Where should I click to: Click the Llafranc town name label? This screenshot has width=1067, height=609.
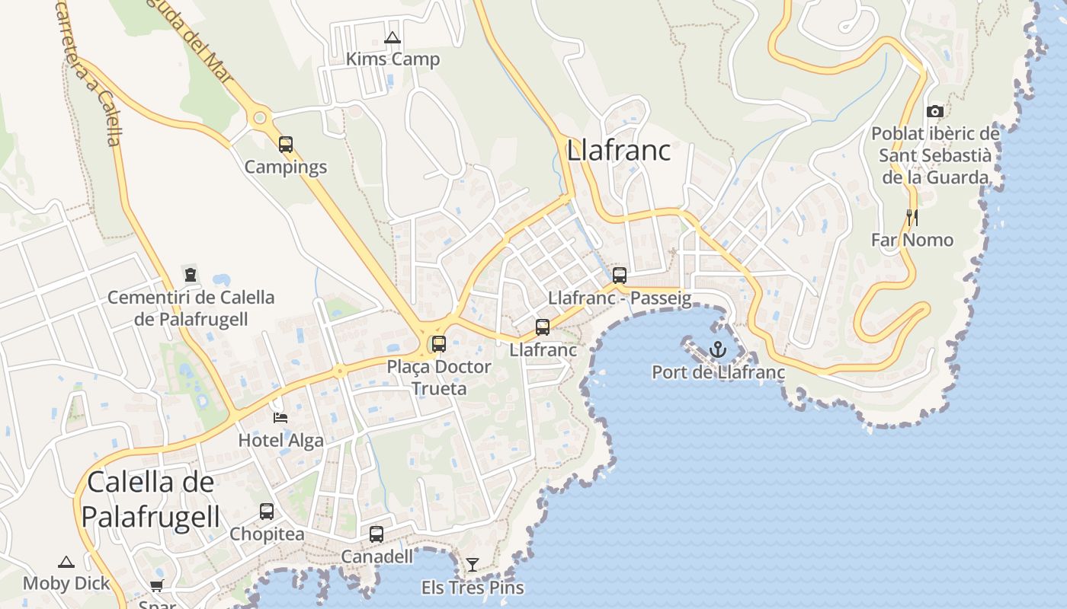click(x=618, y=150)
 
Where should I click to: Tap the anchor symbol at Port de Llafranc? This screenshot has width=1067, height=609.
click(x=718, y=349)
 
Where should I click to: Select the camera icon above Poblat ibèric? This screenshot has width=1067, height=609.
click(x=935, y=111)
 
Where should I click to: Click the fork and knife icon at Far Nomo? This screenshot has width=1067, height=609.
click(x=912, y=218)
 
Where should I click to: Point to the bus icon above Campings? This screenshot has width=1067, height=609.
click(x=286, y=144)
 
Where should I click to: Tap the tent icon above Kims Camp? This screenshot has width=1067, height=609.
click(x=393, y=37)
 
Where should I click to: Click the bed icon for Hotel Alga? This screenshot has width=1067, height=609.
click(x=280, y=417)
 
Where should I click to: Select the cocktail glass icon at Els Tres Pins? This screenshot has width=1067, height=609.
click(x=473, y=564)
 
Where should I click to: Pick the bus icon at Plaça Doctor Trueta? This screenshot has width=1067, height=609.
click(x=439, y=343)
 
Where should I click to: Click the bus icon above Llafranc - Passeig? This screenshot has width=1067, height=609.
click(x=620, y=275)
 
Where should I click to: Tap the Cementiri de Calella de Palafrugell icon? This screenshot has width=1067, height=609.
click(x=191, y=274)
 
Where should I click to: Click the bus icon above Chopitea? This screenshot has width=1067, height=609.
click(x=267, y=511)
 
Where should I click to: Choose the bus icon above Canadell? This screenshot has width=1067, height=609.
click(x=376, y=534)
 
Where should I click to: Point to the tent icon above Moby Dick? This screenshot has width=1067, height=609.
click(x=66, y=562)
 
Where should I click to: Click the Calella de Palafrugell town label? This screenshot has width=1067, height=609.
click(x=150, y=499)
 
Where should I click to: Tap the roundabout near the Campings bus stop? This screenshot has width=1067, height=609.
click(x=260, y=118)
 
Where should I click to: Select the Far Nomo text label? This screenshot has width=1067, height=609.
click(x=912, y=240)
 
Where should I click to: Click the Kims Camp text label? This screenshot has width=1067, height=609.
click(x=393, y=59)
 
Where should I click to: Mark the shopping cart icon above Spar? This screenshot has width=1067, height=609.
click(x=157, y=585)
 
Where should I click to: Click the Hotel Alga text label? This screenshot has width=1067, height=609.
click(x=280, y=440)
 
